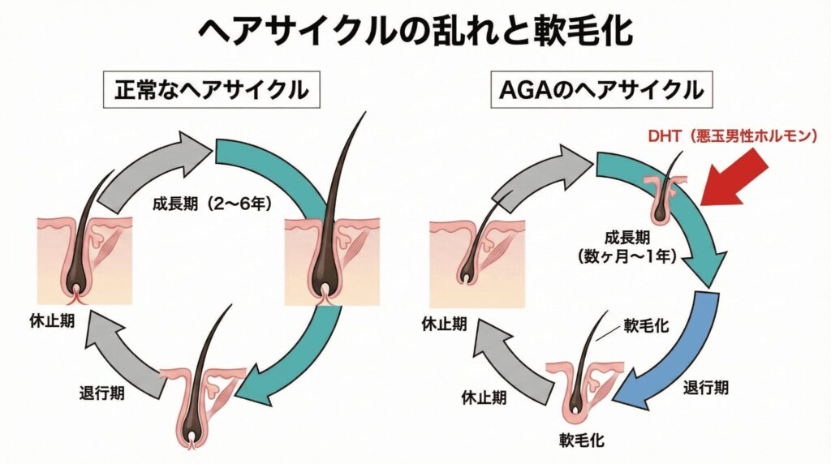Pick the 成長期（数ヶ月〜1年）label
[629, 247]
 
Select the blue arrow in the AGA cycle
[674, 349]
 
